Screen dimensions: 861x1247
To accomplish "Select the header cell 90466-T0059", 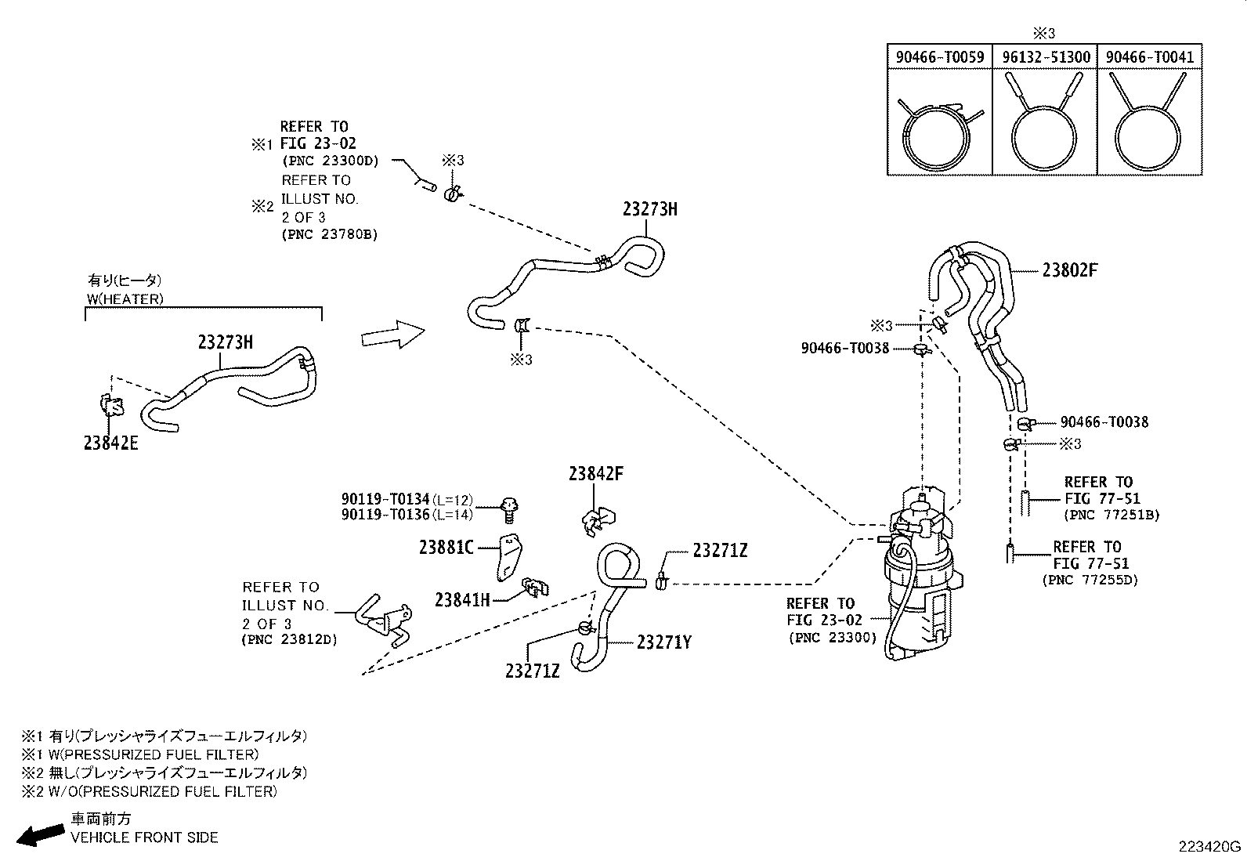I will [939, 57].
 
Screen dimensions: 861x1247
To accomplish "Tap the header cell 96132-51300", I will [1045, 57].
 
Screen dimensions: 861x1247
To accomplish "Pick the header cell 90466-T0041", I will [1149, 57].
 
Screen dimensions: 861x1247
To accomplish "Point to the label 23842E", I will [110, 443].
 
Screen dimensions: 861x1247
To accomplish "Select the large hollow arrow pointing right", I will [392, 335].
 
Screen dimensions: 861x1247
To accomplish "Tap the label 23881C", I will [446, 548].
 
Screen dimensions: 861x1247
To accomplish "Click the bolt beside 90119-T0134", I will [510, 508].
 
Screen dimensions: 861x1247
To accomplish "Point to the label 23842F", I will [596, 474].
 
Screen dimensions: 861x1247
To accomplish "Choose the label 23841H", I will [462, 600].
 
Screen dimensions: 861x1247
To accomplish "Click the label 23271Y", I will [663, 642].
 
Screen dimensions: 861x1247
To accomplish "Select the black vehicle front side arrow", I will [40, 835].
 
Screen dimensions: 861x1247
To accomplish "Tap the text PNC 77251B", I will [1111, 516].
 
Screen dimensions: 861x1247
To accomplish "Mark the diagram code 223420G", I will [1209, 846].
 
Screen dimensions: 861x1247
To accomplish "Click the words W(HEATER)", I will [125, 298].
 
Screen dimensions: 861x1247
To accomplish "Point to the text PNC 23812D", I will [289, 640].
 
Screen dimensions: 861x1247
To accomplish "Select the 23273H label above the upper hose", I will [649, 209].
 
